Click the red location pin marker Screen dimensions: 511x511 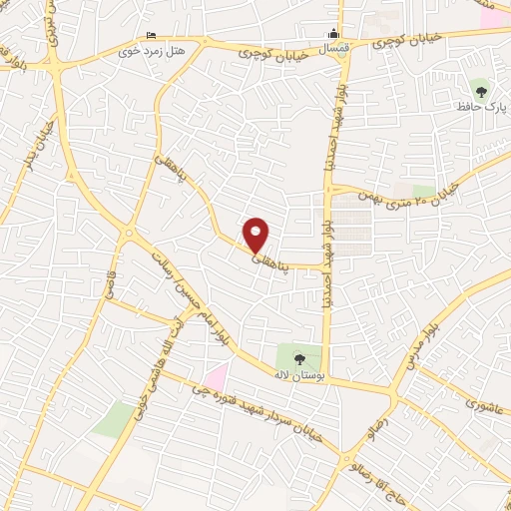click(257, 234)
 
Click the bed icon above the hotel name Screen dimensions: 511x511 click(151, 35)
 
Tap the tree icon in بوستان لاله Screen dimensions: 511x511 click(299, 355)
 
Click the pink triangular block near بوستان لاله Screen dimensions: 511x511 click(216, 376)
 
